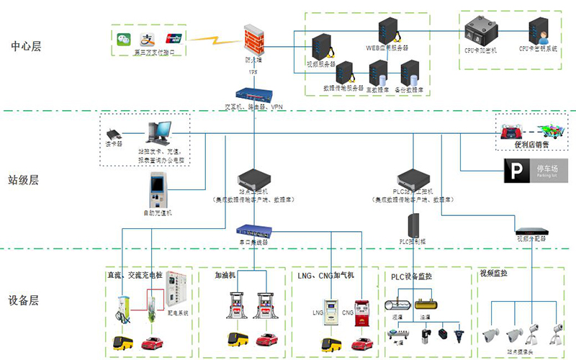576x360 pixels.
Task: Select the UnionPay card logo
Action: coord(173,38)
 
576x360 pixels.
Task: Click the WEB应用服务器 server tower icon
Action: coord(389,30)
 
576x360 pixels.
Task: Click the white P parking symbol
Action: coord(513,170)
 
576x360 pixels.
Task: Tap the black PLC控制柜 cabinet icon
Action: coord(413,225)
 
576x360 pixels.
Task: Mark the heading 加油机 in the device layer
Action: coord(227,275)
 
